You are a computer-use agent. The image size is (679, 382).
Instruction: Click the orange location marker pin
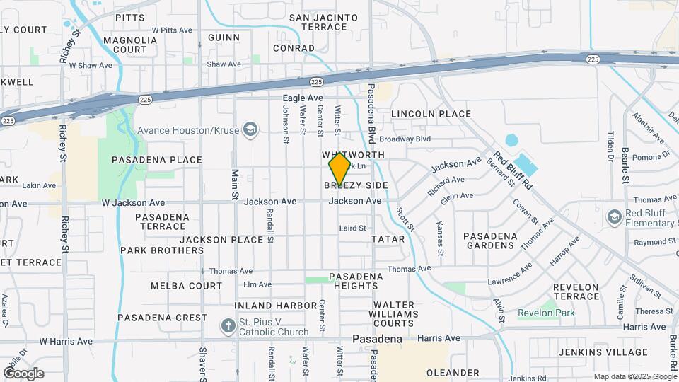[x=339, y=169]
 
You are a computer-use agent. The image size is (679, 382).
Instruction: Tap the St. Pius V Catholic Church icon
[x=227, y=327]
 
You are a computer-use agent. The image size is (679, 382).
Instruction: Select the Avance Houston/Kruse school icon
[x=249, y=129]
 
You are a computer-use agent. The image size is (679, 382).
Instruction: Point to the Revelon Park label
[x=546, y=313]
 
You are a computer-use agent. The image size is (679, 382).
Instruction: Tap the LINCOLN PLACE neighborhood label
[x=431, y=114]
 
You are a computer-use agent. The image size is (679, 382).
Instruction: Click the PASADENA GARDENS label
[x=489, y=241]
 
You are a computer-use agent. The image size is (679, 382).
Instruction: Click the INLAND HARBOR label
[x=277, y=306]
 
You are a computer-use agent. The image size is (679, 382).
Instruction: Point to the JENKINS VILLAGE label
[x=592, y=352]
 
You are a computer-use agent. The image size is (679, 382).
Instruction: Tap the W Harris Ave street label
[x=66, y=341]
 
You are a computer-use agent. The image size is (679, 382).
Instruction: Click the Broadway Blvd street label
[x=405, y=140]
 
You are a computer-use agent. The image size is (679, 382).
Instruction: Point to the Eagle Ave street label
[x=303, y=98]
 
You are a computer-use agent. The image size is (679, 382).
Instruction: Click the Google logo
[x=23, y=374]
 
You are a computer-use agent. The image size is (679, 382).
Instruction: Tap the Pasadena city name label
[x=378, y=339]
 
